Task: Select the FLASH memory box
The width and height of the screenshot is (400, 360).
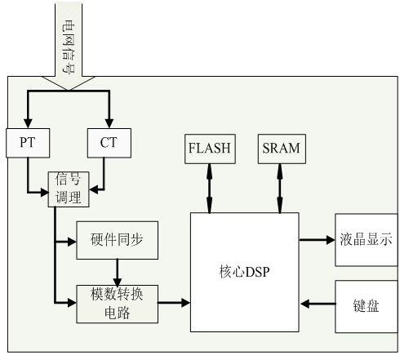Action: tap(210, 149)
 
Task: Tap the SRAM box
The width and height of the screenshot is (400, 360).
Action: tap(280, 149)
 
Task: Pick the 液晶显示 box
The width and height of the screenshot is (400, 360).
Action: tap(365, 241)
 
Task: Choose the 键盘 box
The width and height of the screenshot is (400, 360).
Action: tap(365, 302)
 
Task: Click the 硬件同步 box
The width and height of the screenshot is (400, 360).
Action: tap(118, 241)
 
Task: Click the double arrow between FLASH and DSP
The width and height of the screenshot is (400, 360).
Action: tap(210, 187)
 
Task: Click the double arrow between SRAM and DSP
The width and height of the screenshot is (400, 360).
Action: tap(280, 187)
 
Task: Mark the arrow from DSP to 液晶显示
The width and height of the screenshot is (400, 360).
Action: tap(316, 240)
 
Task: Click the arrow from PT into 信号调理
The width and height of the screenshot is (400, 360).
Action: tap(37, 193)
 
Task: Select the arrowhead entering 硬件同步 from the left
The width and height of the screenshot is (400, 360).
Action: tap(70, 241)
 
